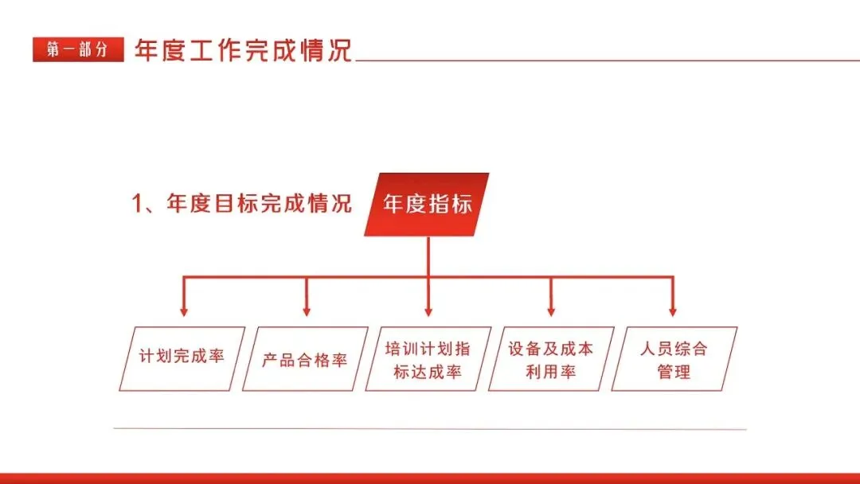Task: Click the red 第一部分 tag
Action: (78, 49)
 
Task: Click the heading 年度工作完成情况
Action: (243, 49)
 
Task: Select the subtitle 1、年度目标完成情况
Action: (241, 203)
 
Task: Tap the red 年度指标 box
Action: (428, 204)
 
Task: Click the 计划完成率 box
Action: (182, 357)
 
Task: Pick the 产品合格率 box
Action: (305, 359)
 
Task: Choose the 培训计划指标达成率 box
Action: (428, 359)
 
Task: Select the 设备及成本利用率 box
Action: (550, 359)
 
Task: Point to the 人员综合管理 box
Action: (674, 359)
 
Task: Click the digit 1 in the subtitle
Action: (136, 204)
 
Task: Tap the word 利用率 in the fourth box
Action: (550, 372)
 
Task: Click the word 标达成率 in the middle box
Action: (428, 372)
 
